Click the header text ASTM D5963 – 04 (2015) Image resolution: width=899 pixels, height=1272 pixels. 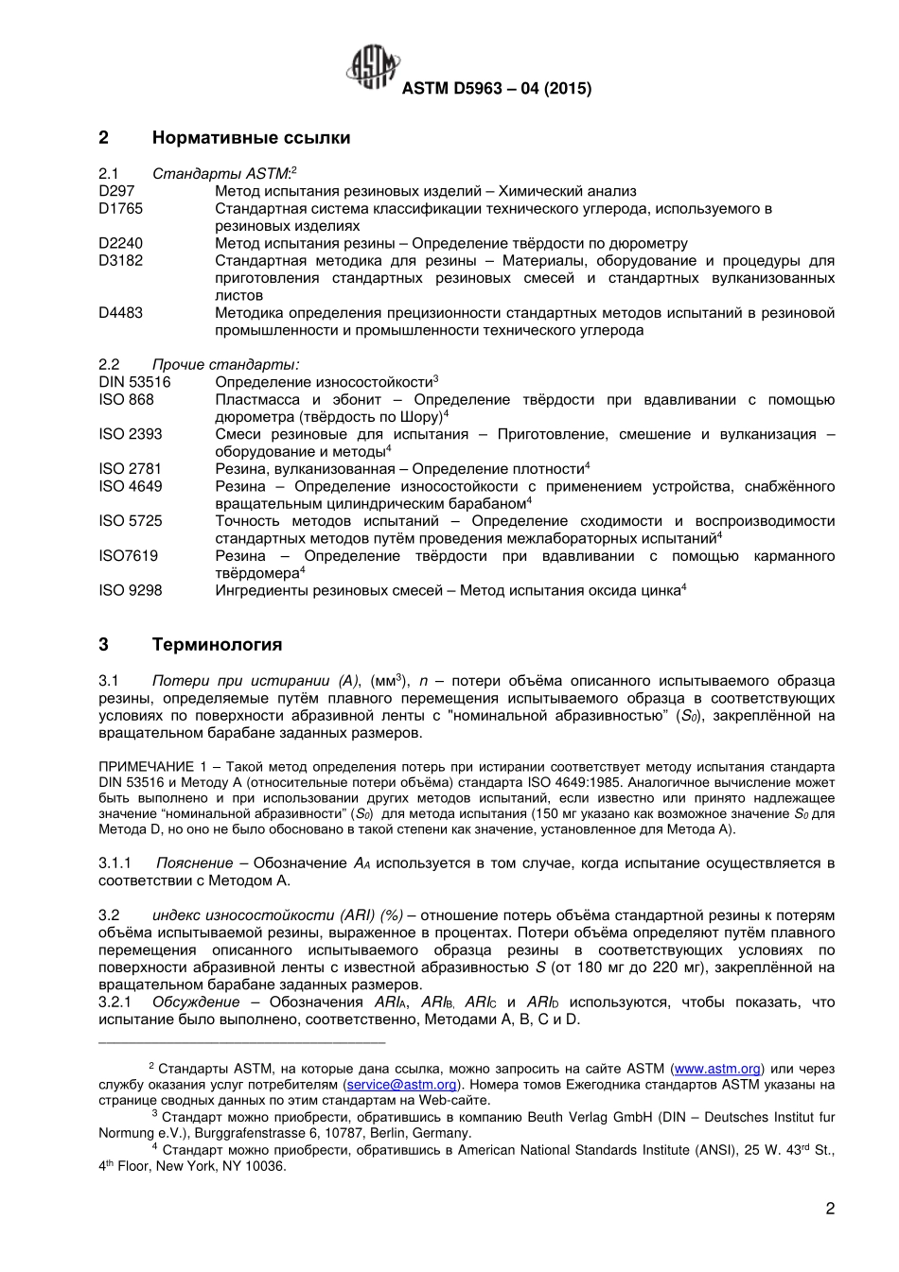[497, 88]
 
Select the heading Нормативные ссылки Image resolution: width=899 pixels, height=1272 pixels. [251, 138]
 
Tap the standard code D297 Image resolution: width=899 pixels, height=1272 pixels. [116, 191]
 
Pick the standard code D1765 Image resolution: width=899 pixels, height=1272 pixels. [120, 208]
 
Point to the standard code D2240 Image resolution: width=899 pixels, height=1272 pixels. [120, 243]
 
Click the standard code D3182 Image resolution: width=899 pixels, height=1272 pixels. [120, 260]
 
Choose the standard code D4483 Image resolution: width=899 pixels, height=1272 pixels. [120, 312]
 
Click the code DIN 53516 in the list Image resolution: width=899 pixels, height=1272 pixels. [134, 382]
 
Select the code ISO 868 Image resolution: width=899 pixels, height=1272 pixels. [126, 399]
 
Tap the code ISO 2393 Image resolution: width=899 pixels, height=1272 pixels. [130, 434]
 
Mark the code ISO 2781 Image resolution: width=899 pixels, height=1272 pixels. [130, 469]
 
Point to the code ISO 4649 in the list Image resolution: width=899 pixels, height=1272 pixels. [130, 486]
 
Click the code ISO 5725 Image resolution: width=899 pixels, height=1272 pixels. [130, 521]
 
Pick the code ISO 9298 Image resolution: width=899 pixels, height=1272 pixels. [130, 590]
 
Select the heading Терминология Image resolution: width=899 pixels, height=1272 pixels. [217, 645]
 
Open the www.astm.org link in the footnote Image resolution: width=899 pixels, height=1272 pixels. [716, 1069]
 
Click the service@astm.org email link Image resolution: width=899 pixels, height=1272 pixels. [402, 1085]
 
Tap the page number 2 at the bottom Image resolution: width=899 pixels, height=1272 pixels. [830, 1208]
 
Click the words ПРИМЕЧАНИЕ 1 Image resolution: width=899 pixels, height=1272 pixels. [152, 766]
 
